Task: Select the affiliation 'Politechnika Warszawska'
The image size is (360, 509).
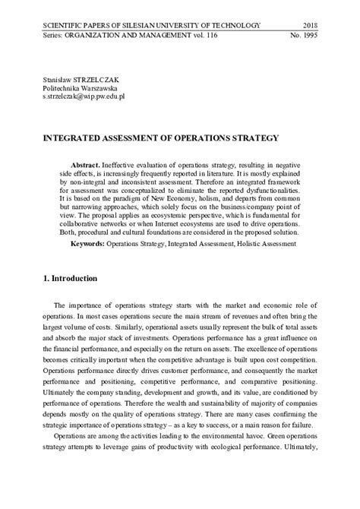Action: (x=84, y=89)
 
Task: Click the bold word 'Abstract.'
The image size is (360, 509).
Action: (x=90, y=165)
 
